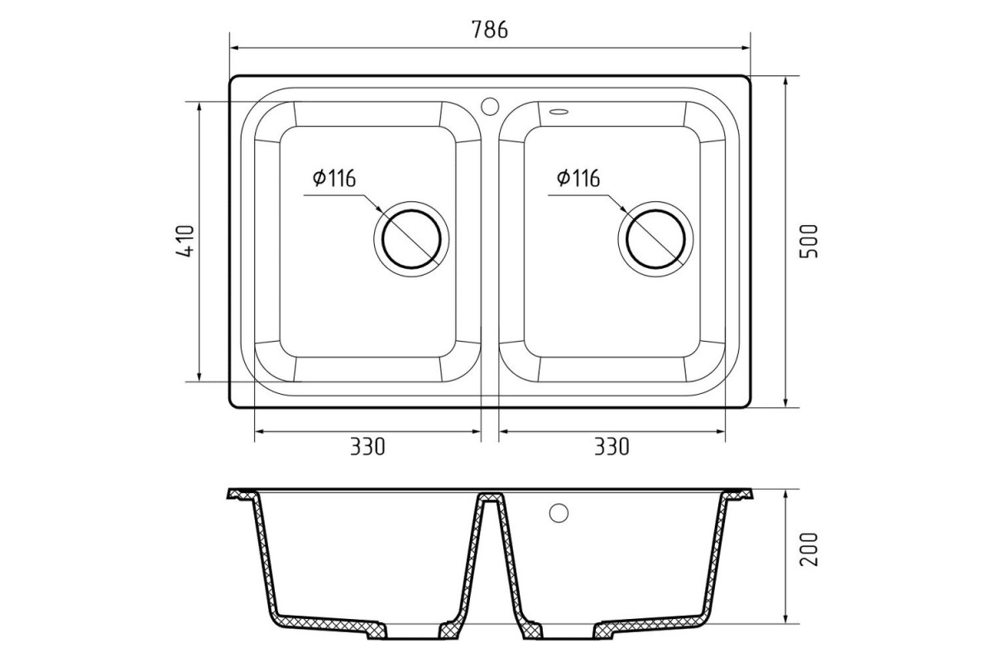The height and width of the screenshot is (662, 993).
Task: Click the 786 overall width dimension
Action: [489, 29]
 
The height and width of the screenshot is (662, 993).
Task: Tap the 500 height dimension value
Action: [808, 241]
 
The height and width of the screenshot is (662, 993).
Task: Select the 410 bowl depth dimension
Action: [185, 241]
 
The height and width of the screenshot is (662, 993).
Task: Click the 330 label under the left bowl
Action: [367, 447]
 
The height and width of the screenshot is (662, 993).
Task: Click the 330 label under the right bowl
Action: [612, 447]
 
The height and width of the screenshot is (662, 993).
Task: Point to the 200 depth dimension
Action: [808, 549]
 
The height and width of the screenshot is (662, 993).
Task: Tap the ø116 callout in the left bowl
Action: [333, 178]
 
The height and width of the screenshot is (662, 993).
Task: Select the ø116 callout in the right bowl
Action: [578, 178]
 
